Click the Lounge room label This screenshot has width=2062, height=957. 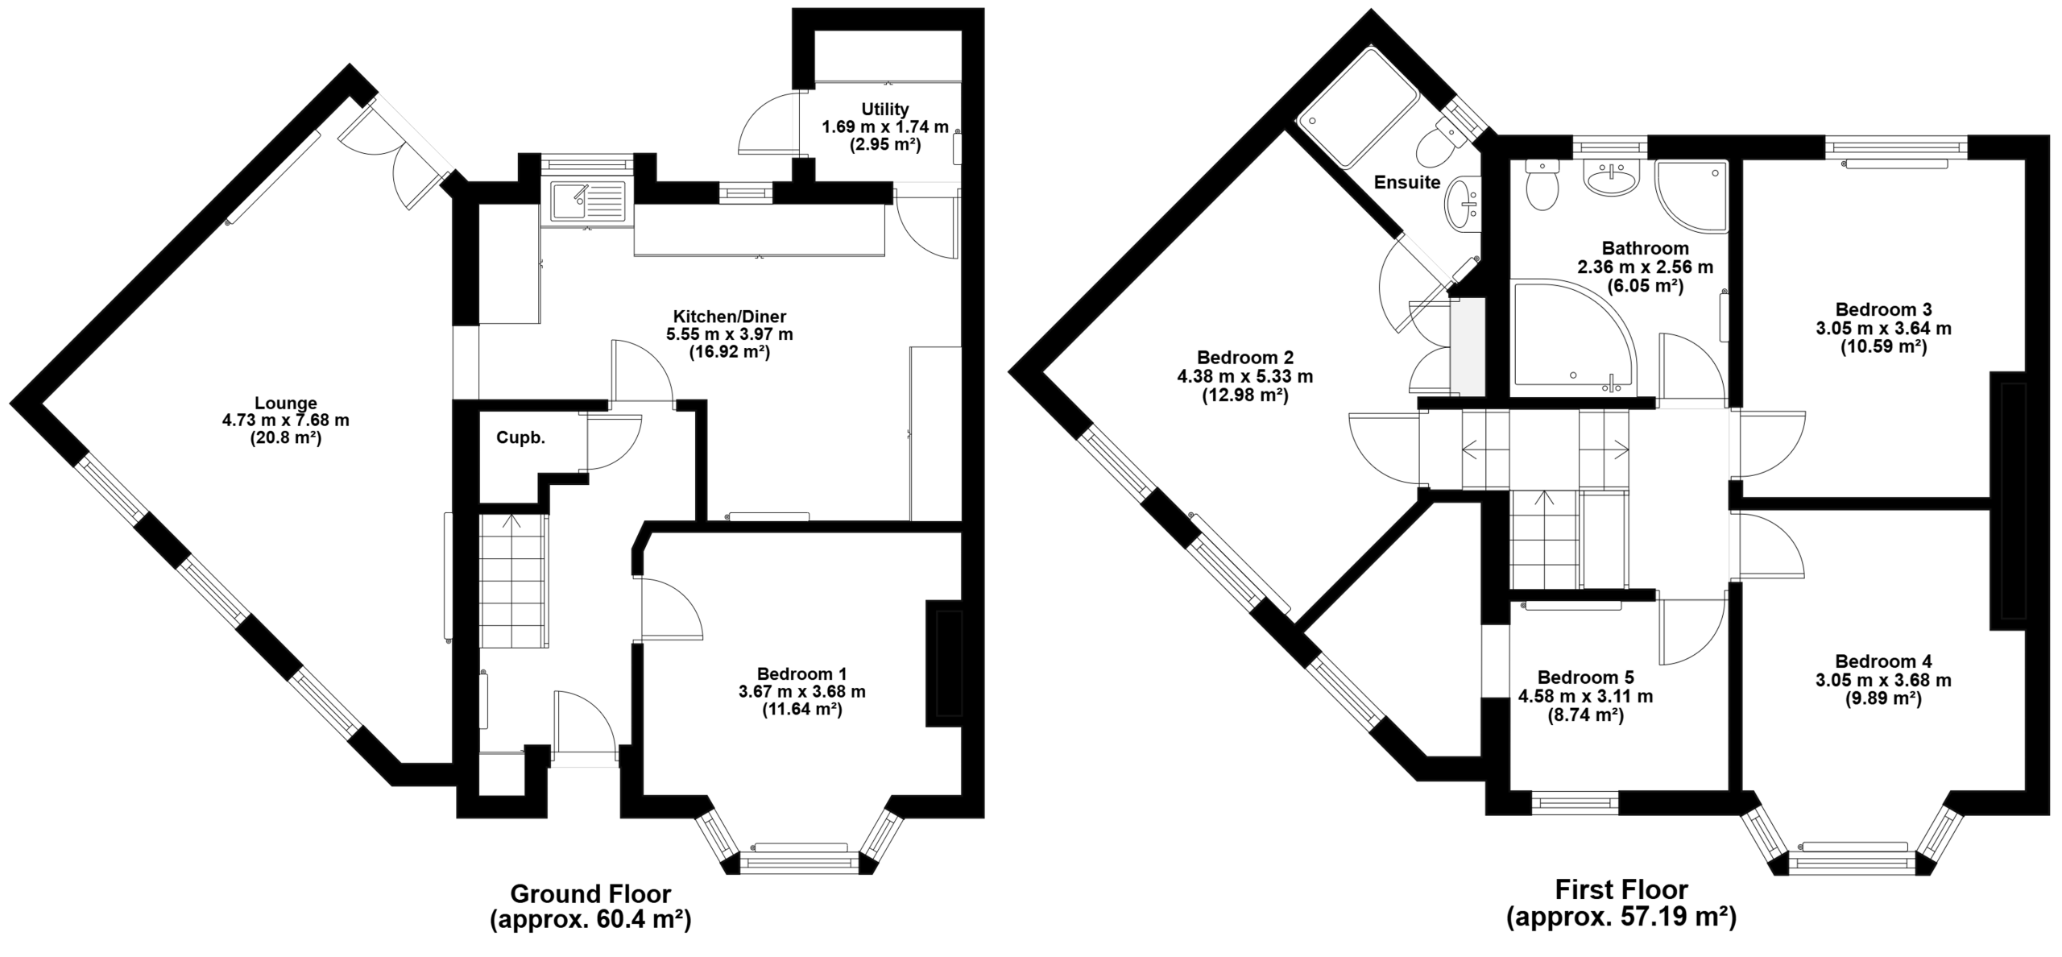coord(286,403)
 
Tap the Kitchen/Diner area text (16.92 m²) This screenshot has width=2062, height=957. coord(730,352)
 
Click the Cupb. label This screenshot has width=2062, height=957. coord(520,439)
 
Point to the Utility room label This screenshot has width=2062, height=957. coord(885,109)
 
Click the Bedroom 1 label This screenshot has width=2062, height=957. coord(801,673)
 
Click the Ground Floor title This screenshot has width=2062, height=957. coord(590,893)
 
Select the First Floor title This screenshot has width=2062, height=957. coord(1621,889)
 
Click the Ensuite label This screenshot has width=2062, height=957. coord(1407,182)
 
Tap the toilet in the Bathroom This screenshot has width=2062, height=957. coord(1542,184)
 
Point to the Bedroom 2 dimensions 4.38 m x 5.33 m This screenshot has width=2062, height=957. coord(1245,376)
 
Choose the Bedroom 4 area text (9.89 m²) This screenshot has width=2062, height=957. coord(1883,699)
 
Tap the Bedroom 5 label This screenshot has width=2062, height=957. coord(1585,677)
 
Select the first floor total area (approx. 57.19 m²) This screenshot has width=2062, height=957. coord(1621,918)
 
